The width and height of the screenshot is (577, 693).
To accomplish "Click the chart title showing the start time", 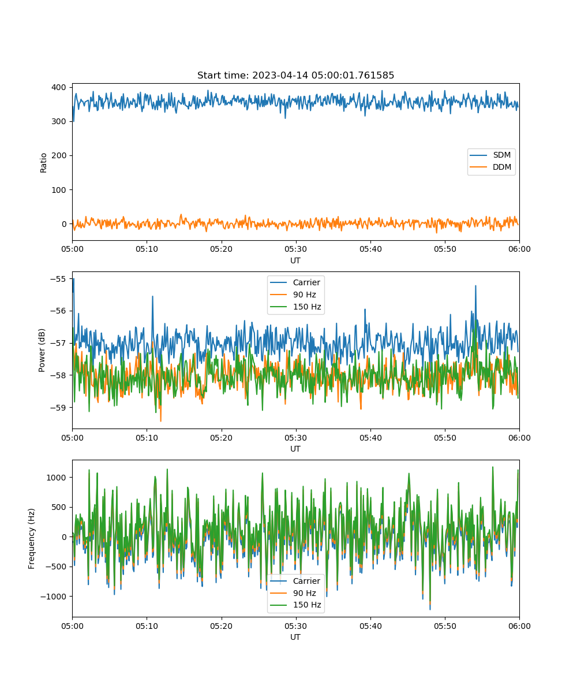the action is click(x=295, y=75).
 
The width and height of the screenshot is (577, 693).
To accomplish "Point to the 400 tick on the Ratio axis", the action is click(x=59, y=87).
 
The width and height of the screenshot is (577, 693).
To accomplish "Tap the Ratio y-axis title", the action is click(x=43, y=163).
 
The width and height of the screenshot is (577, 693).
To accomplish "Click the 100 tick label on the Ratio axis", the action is click(x=59, y=190).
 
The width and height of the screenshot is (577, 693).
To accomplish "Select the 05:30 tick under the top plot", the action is click(x=295, y=249).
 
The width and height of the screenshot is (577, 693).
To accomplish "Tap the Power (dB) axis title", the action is click(x=42, y=350).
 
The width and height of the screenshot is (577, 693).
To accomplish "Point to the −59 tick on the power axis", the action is click(x=58, y=407).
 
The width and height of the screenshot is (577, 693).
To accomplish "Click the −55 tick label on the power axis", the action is click(x=58, y=279).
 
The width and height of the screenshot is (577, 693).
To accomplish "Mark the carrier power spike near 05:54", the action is click(x=475, y=286).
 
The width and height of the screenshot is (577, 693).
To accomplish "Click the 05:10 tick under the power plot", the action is click(x=147, y=438).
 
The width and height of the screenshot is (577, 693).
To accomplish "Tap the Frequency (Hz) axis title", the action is click(x=32, y=539).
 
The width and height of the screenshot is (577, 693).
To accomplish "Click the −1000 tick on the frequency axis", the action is click(x=53, y=597).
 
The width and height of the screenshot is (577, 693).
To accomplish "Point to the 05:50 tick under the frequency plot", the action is click(x=445, y=626).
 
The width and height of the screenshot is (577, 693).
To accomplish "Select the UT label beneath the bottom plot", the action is click(x=295, y=637).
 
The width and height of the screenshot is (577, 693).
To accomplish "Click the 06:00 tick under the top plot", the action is click(x=519, y=249).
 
